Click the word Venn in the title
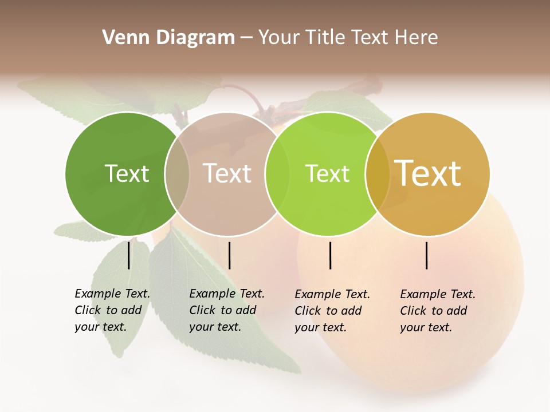point(119,38)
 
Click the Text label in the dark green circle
point(127,173)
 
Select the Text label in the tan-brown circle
point(227,173)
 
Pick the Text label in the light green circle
point(327,173)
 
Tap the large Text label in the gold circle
point(428,173)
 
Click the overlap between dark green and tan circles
point(177,174)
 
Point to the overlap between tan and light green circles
point(277,174)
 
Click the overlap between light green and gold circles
point(378,174)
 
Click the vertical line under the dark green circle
point(129,255)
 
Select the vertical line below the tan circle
point(229,255)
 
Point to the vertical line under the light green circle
point(331,255)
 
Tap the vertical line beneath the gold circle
point(427,255)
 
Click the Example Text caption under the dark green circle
point(112,310)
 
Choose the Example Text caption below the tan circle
point(226,310)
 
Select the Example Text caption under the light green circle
point(332,311)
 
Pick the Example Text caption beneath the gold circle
point(437,311)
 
